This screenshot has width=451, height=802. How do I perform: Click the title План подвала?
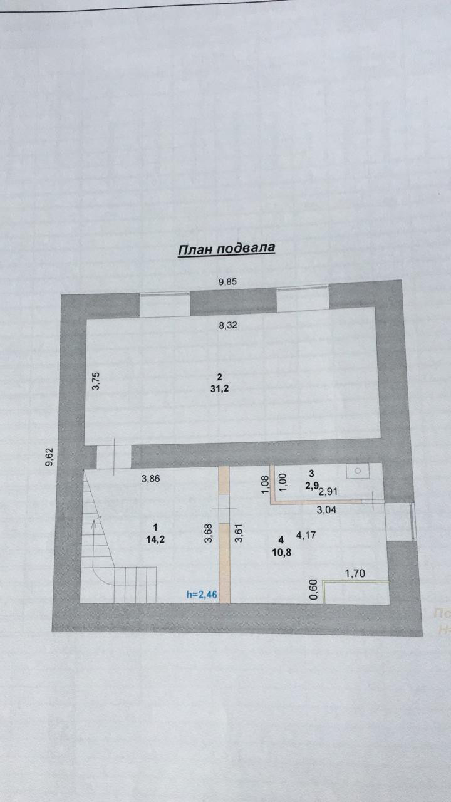tap(227, 249)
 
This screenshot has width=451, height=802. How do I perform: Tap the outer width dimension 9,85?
tap(228, 282)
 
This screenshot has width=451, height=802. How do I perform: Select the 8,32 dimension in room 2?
tap(228, 325)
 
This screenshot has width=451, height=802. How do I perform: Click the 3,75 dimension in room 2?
tap(96, 381)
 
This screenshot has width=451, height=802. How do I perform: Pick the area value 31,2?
tap(219, 388)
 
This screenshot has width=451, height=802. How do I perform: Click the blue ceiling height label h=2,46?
tap(202, 595)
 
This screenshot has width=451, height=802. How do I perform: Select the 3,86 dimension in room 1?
tap(152, 479)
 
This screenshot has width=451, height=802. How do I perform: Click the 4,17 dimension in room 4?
tap(306, 535)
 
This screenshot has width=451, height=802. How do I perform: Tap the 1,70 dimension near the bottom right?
tap(356, 573)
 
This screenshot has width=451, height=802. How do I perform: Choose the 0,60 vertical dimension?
tap(314, 590)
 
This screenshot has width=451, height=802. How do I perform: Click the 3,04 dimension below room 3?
tap(327, 510)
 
